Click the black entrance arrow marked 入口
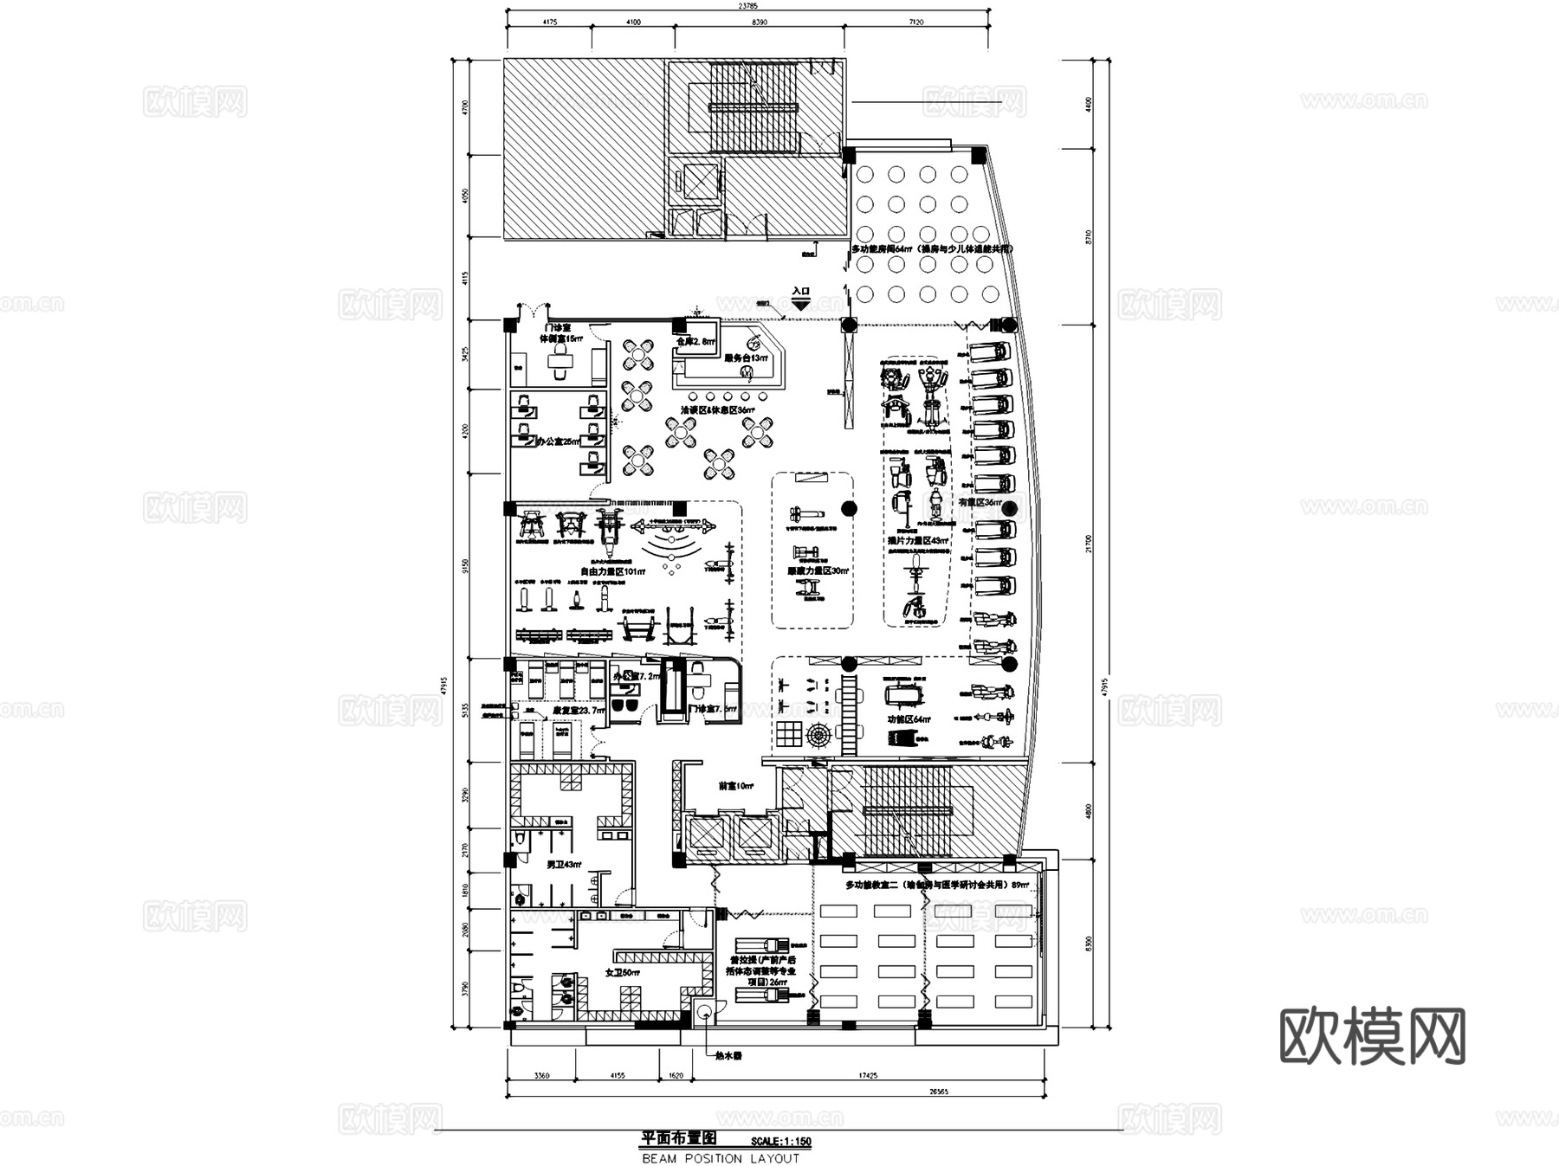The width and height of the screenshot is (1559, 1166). click(801, 305)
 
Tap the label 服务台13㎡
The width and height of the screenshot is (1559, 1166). click(745, 358)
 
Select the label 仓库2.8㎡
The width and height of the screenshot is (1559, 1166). click(695, 342)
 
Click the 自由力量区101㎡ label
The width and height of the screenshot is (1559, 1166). click(613, 572)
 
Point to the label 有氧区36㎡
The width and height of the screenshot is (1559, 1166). click(980, 502)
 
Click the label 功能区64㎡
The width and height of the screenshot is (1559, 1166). click(909, 719)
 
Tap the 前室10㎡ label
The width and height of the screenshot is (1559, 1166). click(736, 787)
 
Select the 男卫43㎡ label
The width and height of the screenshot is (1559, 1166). click(563, 865)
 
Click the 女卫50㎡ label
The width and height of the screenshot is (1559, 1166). click(622, 973)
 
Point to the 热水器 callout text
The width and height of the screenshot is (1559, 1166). click(728, 1056)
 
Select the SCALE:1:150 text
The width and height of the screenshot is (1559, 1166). click(781, 1142)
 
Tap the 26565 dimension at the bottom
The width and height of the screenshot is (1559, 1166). click(938, 1092)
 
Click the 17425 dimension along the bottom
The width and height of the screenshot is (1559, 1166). click(867, 1076)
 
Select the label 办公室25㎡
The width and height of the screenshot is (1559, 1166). click(559, 441)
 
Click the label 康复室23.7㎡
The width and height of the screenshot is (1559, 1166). click(579, 711)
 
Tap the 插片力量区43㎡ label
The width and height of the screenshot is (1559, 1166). click(917, 541)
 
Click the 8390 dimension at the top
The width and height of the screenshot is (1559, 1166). click(760, 22)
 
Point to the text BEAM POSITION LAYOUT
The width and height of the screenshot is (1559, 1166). click(721, 1158)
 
